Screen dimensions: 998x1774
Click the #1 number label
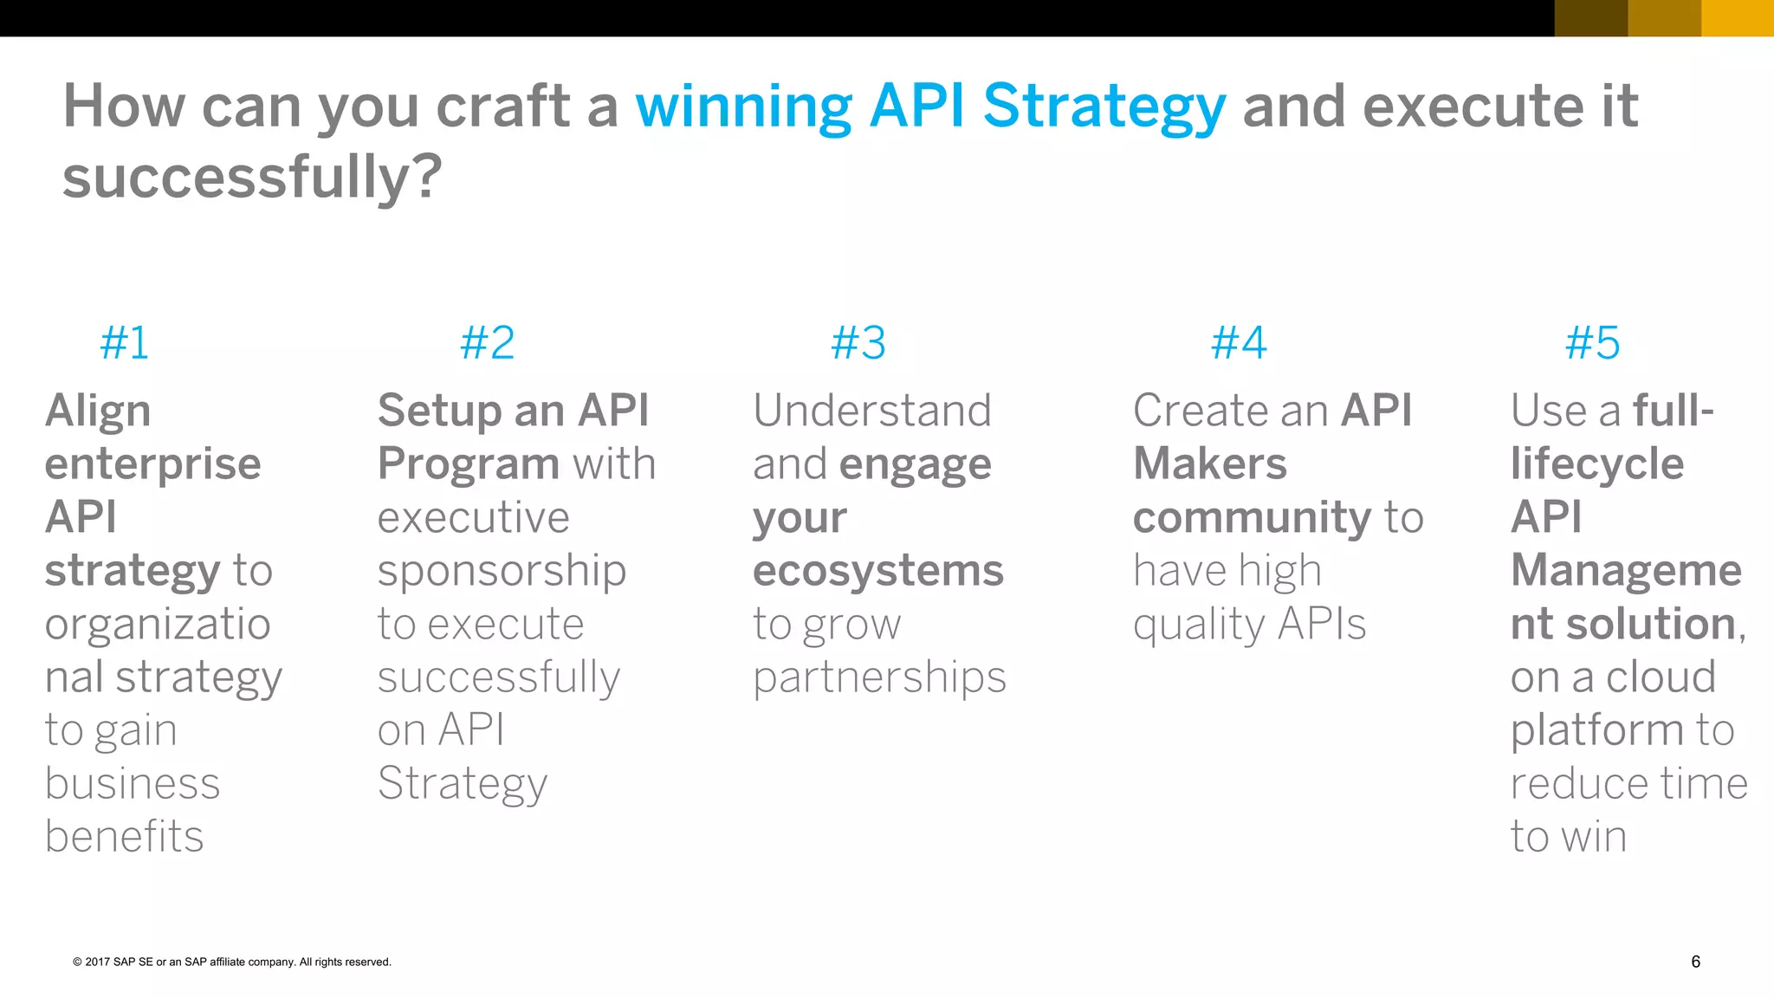tap(125, 343)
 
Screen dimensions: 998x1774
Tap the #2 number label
tap(487, 343)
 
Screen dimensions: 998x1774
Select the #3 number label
tap(858, 343)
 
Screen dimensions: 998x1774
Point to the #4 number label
tap(1239, 343)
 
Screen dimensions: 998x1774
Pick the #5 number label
tap(1592, 343)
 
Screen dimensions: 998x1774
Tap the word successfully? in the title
tap(252, 178)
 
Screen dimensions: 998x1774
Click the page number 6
tap(1695, 962)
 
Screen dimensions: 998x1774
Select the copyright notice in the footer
tap(232, 962)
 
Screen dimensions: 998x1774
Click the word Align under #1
tap(98, 412)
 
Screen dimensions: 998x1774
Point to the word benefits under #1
tap(124, 837)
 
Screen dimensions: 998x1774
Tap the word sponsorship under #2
tap(502, 572)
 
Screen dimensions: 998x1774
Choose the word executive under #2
tap(473, 518)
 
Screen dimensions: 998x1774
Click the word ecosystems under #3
tap(877, 572)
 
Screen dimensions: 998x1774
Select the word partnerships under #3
tap(879, 678)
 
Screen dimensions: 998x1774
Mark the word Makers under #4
tap(1209, 464)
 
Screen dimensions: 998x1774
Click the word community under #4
tap(1252, 518)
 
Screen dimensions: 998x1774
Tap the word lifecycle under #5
tap(1597, 465)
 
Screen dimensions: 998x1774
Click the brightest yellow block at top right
tap(1738, 17)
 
